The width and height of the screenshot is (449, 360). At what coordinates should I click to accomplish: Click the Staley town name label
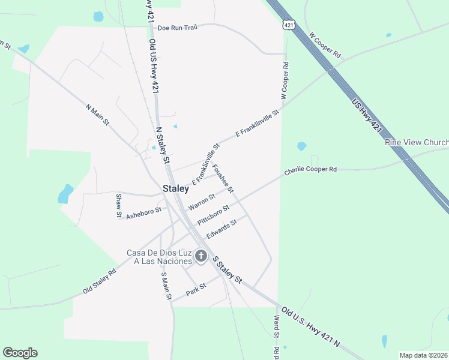(x=176, y=188)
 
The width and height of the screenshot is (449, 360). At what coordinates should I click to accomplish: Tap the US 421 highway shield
(x=289, y=25)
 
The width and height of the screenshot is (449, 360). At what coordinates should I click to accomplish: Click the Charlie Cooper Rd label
(x=310, y=170)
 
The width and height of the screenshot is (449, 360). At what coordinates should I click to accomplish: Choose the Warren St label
(x=201, y=201)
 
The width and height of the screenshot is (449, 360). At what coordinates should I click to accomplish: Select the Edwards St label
(x=221, y=228)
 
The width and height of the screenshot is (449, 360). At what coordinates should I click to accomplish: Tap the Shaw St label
(x=119, y=205)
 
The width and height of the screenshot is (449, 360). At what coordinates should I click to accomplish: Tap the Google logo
(x=20, y=353)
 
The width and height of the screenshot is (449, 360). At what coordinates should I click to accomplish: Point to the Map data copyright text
(x=424, y=355)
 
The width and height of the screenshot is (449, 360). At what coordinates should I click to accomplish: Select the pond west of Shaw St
(x=64, y=194)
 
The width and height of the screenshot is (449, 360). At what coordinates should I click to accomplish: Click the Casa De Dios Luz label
(x=159, y=257)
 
